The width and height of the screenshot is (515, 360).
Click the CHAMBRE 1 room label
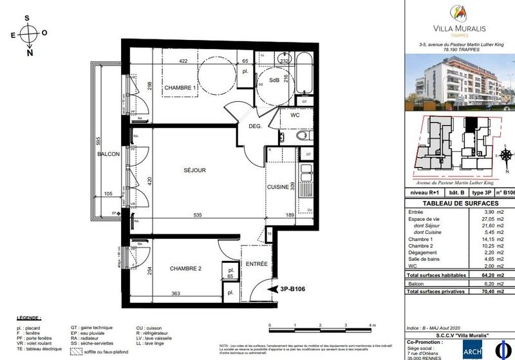coord(180,88)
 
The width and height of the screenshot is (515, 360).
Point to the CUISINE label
coord(279,187)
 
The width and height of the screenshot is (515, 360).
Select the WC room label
coord(295,116)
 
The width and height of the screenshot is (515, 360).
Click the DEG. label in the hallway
coord(254,126)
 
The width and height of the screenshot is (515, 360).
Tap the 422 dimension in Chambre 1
coord(183,61)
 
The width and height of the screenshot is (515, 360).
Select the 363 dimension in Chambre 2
coord(176,294)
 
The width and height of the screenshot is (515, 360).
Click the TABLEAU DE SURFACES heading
coord(459,203)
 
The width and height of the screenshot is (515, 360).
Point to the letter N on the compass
coord(30,53)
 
